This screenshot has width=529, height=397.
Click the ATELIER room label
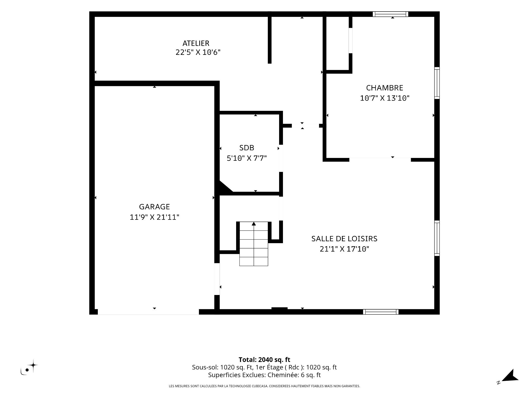pos(196,43)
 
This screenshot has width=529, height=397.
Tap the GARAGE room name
pos(154,207)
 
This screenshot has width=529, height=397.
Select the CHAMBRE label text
pos(385,88)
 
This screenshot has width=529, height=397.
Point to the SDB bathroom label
pos(247,148)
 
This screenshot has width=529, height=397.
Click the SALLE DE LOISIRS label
pos(344,239)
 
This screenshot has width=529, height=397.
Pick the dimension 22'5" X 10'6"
pos(198,52)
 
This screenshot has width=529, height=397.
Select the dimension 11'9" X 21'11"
pos(154,217)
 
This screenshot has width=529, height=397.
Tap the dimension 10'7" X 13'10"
pos(385,98)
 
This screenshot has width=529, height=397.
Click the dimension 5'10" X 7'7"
pos(247,159)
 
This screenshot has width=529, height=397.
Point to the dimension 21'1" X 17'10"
pos(344,249)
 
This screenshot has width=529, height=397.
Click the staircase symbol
pos(254,244)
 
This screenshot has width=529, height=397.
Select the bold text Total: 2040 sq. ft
pos(264,360)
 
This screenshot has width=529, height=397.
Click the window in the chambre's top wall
pos(390,14)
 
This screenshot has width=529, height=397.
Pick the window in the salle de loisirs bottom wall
pos(381,312)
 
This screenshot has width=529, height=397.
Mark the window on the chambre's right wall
pos(437,83)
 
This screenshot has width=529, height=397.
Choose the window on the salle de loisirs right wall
pos(437,238)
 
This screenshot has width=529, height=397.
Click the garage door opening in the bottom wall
pos(148,312)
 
